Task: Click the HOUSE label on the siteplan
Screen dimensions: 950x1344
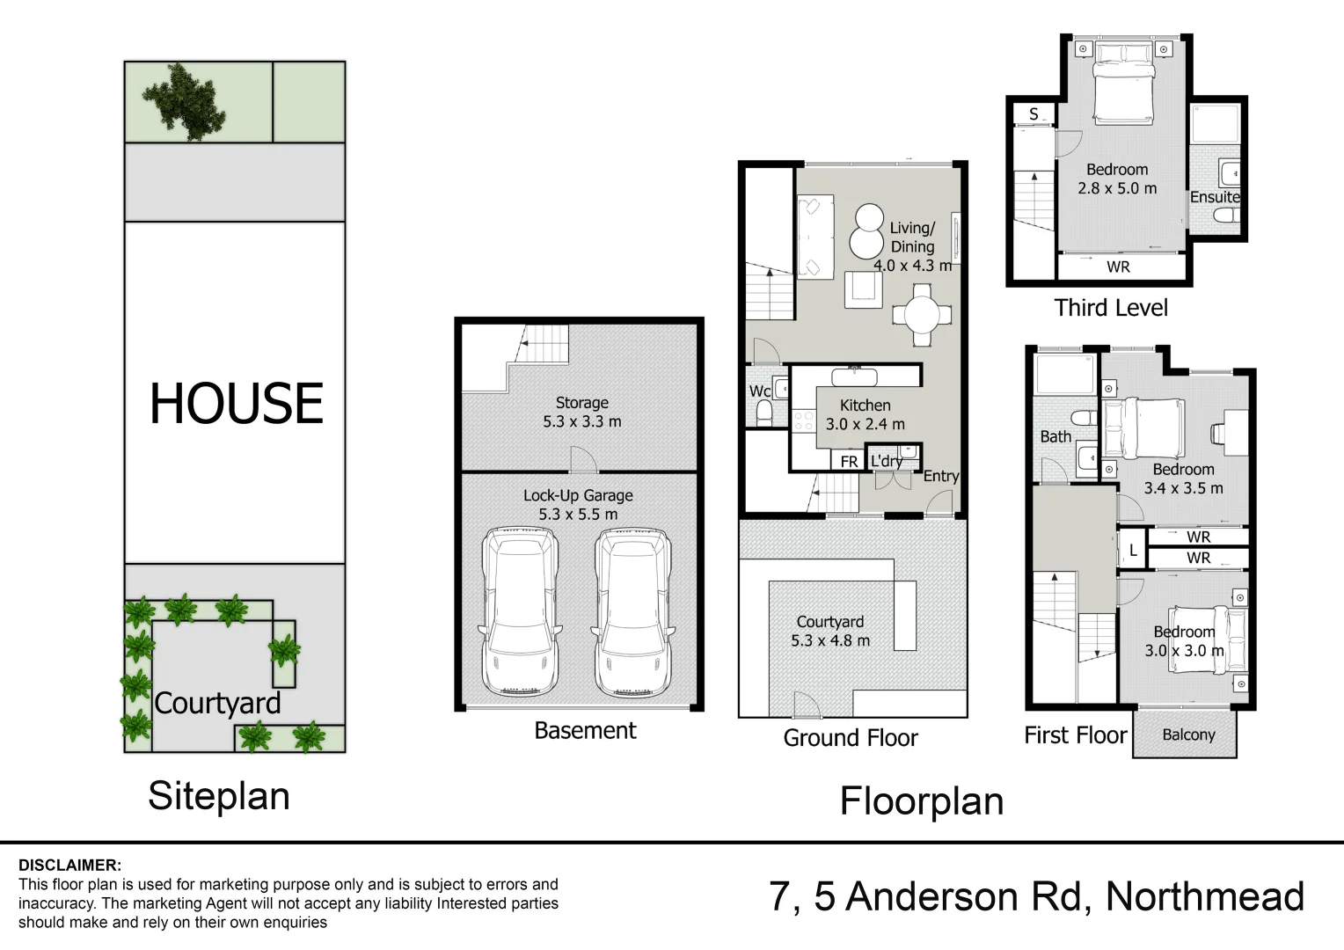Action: pos(236,404)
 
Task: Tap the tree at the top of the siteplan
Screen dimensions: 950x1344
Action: pos(186,101)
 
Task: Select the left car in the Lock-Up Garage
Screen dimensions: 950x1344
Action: pos(520,611)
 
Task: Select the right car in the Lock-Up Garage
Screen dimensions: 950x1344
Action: pos(632,611)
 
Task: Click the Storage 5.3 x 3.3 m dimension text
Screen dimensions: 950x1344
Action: pos(581,421)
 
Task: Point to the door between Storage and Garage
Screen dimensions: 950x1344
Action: pos(583,461)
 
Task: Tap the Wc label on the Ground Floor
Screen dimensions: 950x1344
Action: pos(759,391)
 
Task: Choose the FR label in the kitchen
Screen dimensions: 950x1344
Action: pos(849,462)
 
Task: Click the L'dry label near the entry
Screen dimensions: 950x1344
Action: pos(886,461)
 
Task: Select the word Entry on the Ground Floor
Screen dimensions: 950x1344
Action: pos(940,476)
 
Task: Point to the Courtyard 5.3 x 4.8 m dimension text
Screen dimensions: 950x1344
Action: pos(829,640)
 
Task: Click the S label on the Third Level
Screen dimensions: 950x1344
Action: pos(1034,114)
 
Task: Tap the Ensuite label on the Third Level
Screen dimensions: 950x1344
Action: pos(1215,197)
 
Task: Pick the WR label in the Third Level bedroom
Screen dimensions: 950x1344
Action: pos(1118,267)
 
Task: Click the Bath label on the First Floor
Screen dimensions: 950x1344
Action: pos(1055,436)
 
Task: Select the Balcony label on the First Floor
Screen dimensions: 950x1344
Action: pos(1188,734)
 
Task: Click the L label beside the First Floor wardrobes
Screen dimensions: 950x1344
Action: pos(1133,551)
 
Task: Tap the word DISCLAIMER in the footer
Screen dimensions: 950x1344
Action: pos(69,866)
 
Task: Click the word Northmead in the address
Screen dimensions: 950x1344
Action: pos(1204,896)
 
